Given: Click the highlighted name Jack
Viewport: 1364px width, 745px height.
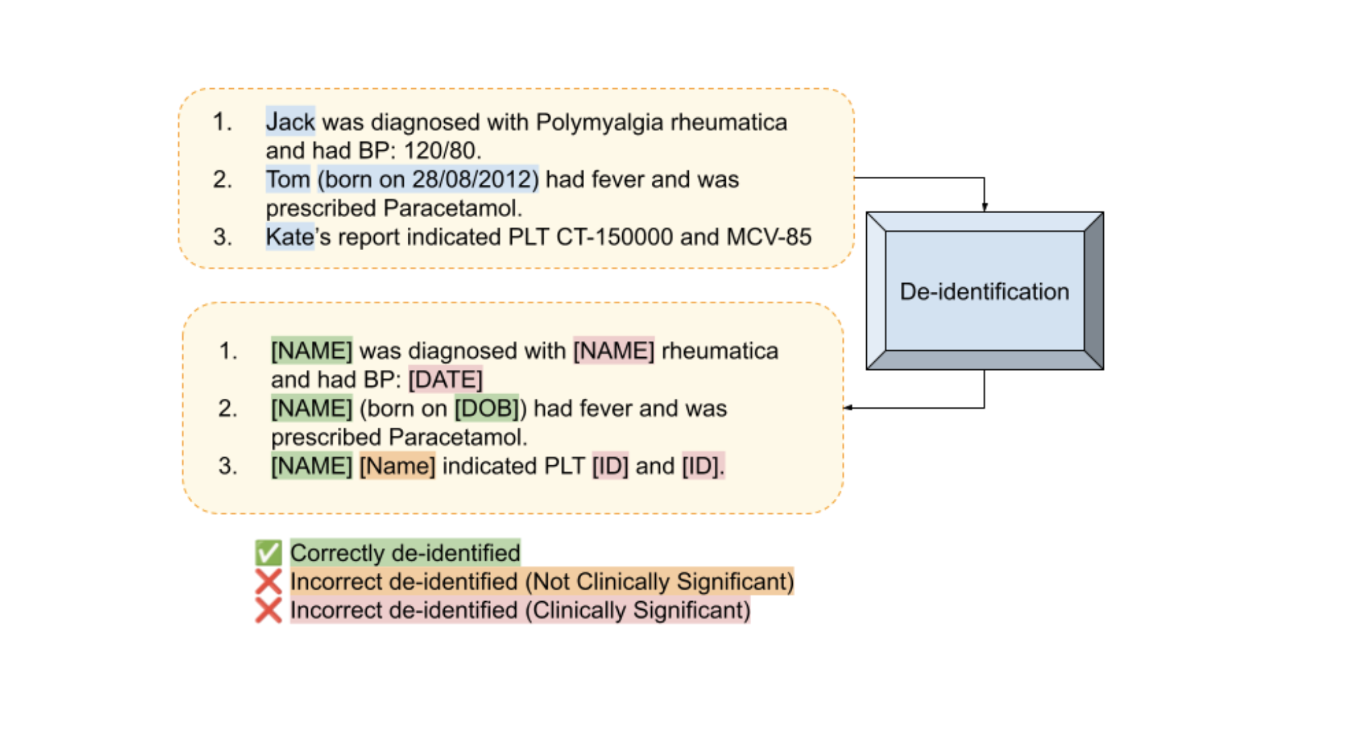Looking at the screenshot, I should coord(290,122).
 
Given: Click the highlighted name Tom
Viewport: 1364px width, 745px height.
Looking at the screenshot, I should coord(288,180).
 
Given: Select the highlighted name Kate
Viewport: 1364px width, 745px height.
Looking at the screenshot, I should coord(289,237).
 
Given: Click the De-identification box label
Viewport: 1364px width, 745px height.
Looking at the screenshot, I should coord(984,292).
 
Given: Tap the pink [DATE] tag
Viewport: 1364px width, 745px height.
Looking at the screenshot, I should coord(445,380).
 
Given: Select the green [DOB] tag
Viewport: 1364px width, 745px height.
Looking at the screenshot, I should coord(486,409).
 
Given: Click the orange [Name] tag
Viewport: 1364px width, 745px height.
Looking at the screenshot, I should coord(397,466).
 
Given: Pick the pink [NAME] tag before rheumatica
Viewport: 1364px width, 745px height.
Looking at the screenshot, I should coord(613,351).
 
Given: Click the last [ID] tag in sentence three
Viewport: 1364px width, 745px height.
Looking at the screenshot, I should coord(701,466).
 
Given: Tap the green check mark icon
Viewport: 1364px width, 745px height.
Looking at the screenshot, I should coord(268,553).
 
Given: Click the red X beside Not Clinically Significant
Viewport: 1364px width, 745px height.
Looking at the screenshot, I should coord(268,582).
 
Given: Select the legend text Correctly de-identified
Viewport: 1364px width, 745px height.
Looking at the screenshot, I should coord(405,553).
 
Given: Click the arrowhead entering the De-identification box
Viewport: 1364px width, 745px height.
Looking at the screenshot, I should coord(984,207).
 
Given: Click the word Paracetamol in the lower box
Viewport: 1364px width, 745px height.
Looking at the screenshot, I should coord(455,438).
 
